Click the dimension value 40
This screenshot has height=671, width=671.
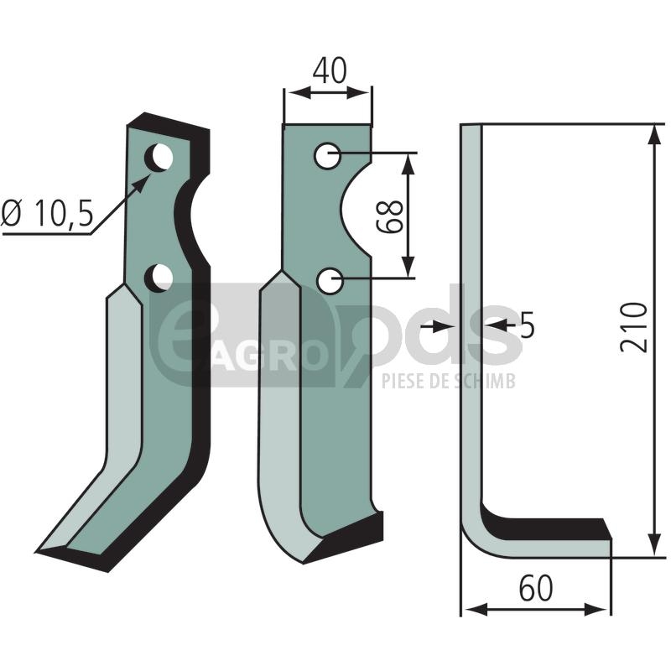coord(329,71)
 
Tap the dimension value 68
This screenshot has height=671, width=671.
coord(390,216)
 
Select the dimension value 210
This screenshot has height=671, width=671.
coord(634,327)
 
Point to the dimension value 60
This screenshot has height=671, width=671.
coord(536,589)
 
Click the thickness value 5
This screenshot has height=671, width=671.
coord(528,325)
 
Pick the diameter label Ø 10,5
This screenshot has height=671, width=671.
coord(47,213)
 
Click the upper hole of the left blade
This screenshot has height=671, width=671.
coord(159,158)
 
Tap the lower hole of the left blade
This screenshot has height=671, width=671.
coord(159,278)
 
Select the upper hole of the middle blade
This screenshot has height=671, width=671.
coord(327,156)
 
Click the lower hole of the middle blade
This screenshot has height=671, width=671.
coord(330,281)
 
